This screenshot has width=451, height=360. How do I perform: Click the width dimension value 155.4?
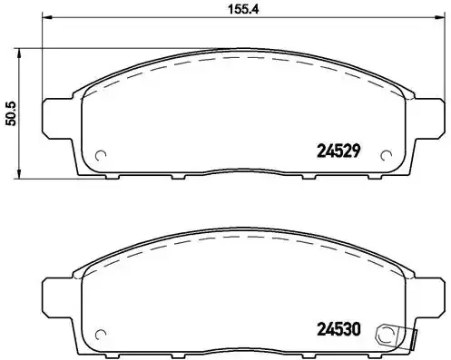click(235, 11)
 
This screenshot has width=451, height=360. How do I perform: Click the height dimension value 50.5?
click(12, 113)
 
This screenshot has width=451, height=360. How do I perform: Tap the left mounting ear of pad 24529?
click(56, 114)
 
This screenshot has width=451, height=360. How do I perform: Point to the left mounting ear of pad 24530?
click(56, 292)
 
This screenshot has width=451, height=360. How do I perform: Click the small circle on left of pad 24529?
click(102, 153)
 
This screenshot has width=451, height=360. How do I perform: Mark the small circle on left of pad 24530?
click(102, 330)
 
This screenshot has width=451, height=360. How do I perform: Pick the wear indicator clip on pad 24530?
click(390, 333)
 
